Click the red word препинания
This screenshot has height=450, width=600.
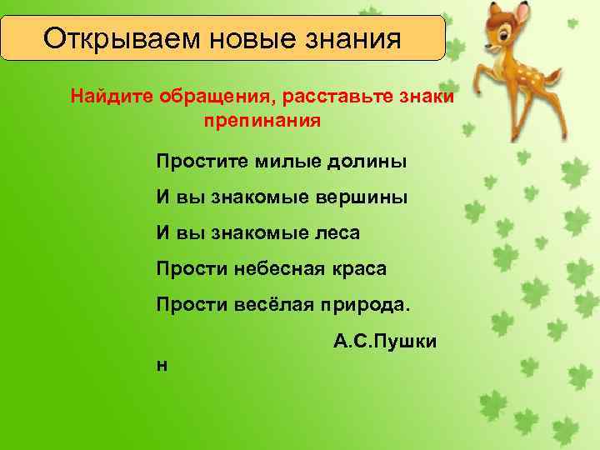(261, 121)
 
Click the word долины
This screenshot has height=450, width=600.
(367, 162)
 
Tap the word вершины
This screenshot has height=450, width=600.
(363, 198)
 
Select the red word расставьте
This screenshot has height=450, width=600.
(338, 97)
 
